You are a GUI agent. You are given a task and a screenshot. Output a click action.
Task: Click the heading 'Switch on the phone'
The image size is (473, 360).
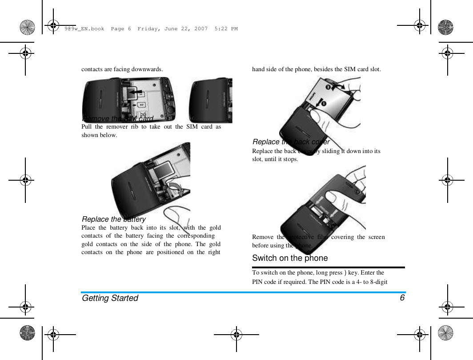[290, 258]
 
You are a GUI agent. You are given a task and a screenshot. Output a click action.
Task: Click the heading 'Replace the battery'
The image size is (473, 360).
[114, 219]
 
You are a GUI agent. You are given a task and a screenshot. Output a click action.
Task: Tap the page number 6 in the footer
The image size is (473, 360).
[402, 298]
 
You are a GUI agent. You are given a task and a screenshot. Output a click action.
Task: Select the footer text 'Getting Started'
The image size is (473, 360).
[110, 298]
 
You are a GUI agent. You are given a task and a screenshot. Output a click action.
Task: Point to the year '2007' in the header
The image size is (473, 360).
[200, 29]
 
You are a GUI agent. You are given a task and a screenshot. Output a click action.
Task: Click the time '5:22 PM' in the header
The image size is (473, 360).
[226, 29]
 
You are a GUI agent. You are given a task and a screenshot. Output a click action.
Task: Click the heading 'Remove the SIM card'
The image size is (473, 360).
[118, 118]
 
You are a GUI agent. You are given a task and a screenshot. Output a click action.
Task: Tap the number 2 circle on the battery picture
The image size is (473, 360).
[328, 87]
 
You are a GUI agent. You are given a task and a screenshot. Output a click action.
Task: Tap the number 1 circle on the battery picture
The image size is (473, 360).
[324, 104]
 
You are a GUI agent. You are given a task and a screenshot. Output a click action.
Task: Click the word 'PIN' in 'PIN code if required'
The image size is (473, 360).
[258, 282]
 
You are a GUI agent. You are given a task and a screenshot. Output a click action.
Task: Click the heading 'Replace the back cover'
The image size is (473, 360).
[291, 142]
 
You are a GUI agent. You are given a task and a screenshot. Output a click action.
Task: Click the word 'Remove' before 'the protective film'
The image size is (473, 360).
[262, 237]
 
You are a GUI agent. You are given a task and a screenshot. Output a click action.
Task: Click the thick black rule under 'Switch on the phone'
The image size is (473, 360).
[329, 267]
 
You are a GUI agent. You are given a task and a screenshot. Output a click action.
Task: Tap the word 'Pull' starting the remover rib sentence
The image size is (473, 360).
[86, 127]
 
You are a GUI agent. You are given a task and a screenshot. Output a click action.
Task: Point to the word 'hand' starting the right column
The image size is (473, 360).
[259, 69]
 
